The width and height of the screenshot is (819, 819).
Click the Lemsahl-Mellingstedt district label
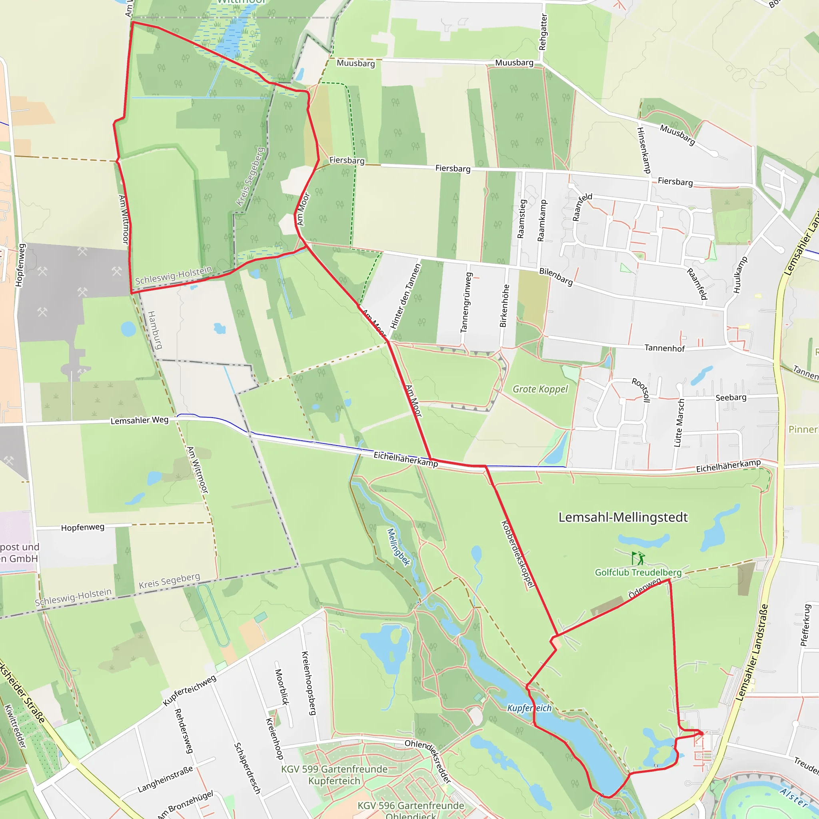(x=623, y=517)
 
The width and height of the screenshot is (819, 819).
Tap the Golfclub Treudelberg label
(x=638, y=572)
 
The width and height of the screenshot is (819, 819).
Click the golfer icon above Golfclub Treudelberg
(x=638, y=558)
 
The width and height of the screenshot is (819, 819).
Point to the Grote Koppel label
(x=540, y=389)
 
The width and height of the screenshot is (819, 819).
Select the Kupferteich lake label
(x=529, y=708)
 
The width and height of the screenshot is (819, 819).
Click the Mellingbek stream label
(x=399, y=547)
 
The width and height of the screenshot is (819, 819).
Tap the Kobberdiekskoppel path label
(x=517, y=553)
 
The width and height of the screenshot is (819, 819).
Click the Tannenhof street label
(x=664, y=348)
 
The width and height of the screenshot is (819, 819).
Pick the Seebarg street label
(x=731, y=398)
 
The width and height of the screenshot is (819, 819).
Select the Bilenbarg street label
(x=556, y=276)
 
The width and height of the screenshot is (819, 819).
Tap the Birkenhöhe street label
(x=504, y=306)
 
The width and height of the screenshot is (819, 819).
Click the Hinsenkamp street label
(x=643, y=150)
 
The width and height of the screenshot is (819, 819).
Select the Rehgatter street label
(x=543, y=32)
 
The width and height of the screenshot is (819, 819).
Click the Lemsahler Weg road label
(x=140, y=420)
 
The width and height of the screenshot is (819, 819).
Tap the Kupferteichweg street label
(x=190, y=690)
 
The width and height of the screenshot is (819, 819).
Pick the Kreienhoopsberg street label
(x=309, y=683)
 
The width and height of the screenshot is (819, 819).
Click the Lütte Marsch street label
(x=679, y=423)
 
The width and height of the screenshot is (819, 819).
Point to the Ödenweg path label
(x=644, y=588)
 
